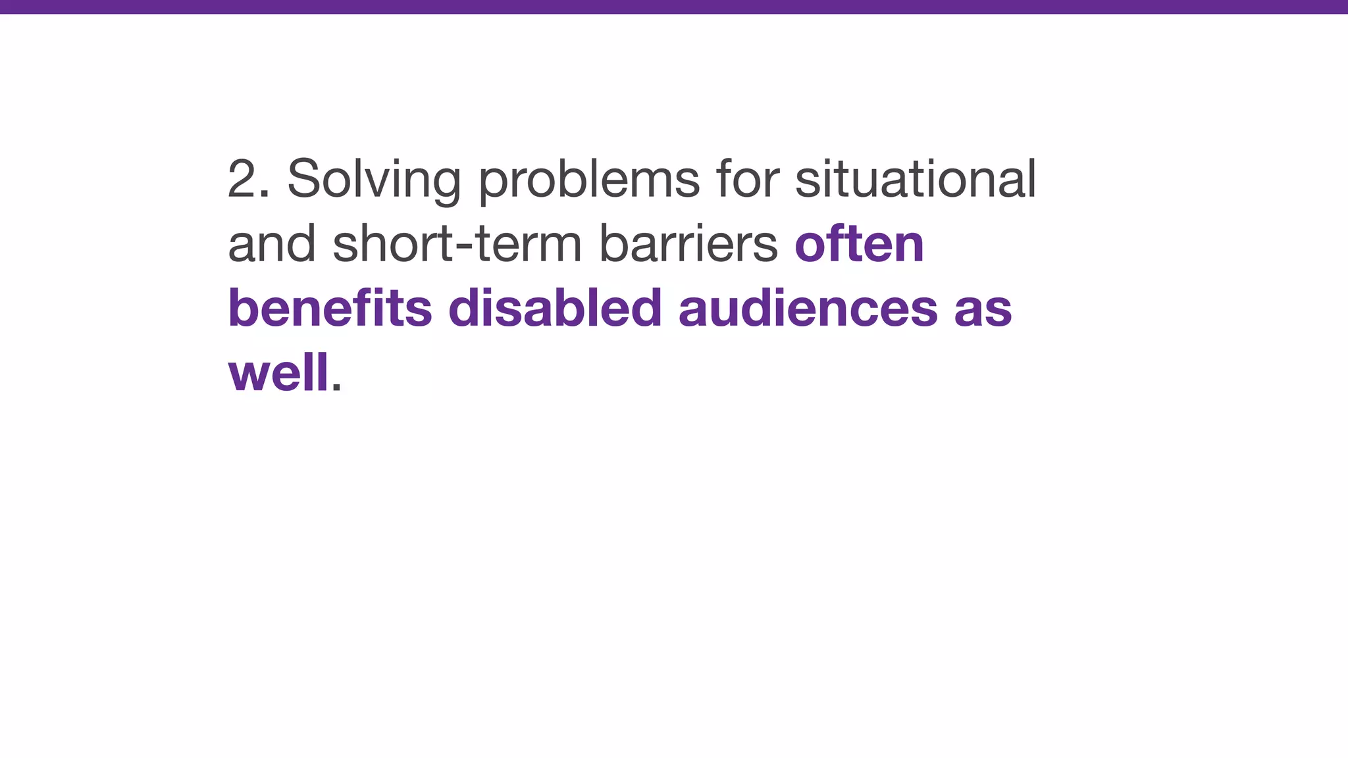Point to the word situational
pyautogui.click(x=916, y=179)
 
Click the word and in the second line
pyautogui.click(x=272, y=244)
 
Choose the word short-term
pyautogui.click(x=457, y=244)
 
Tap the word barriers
pyautogui.click(x=688, y=244)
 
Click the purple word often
pyautogui.click(x=859, y=244)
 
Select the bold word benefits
pyautogui.click(x=330, y=308)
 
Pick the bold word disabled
pyautogui.click(x=555, y=308)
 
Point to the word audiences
pyautogui.click(x=808, y=308)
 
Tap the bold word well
pyautogui.click(x=278, y=372)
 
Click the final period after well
pyautogui.click(x=336, y=388)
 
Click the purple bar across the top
pyautogui.click(x=674, y=7)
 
